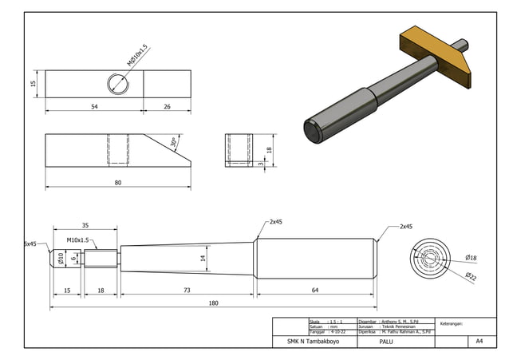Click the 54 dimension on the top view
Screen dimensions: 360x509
[x=95, y=106]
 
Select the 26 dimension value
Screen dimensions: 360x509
[x=167, y=106]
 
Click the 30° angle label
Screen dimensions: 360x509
[x=174, y=143]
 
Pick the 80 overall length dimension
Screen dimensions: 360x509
[x=117, y=183]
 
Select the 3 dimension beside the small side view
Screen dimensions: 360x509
[x=261, y=163]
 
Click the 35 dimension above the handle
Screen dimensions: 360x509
[x=85, y=226]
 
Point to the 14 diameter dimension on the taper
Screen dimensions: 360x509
[x=203, y=258]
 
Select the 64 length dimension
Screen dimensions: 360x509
[x=315, y=291]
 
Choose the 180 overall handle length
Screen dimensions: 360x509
[x=214, y=303]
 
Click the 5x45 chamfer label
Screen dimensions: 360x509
[x=30, y=243]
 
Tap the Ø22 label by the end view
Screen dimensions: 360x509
[x=472, y=275]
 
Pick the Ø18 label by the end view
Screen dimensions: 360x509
[x=472, y=257]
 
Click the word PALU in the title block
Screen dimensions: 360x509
[x=387, y=342]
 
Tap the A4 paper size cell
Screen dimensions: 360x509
[x=479, y=342]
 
